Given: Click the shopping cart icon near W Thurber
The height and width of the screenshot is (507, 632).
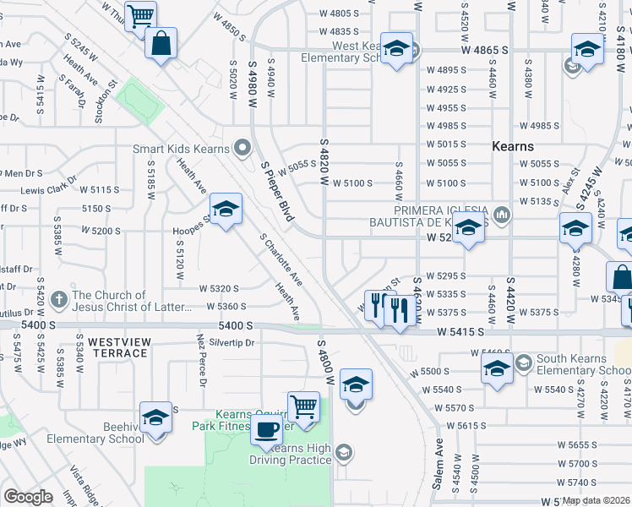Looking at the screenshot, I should tap(141, 14).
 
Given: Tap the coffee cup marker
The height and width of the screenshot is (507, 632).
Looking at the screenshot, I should tap(267, 429).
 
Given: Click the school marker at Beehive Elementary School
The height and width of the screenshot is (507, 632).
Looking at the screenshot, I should tap(155, 418).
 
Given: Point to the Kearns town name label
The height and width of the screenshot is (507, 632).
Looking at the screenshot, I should tap(513, 146).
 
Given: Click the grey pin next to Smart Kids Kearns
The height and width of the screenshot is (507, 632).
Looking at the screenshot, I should tap(242, 149).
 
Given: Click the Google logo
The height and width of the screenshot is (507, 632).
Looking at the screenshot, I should tap(28, 496).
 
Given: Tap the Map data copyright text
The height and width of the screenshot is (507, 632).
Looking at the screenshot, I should tap(597, 500).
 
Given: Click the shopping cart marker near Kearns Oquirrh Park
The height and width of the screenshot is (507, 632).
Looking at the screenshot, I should tap(303, 406).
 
